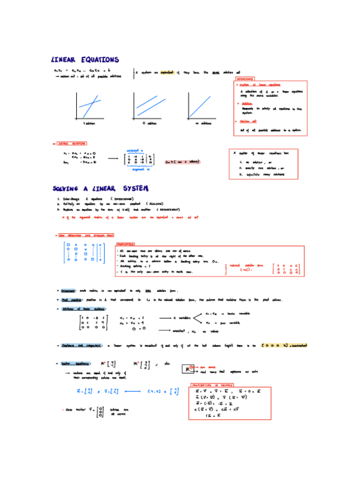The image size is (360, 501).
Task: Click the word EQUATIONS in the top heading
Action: pyautogui.click(x=97, y=60)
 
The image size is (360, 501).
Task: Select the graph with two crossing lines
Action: pyautogui.click(x=88, y=106)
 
